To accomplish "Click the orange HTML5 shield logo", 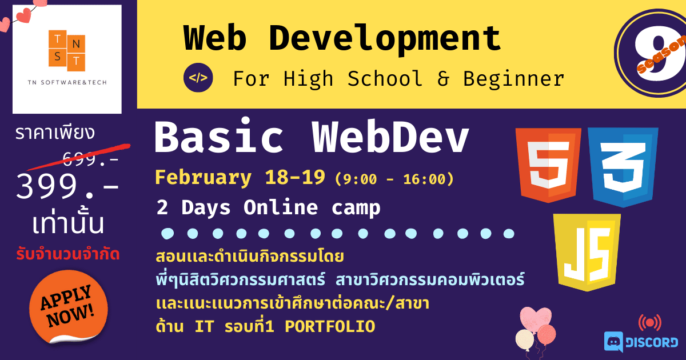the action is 548,165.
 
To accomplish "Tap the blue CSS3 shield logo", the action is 623,167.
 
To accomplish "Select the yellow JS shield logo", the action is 587,252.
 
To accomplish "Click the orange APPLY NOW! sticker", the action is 68,306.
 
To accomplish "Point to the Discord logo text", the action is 651,342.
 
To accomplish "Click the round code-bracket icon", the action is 198,78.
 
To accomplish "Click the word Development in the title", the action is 385,38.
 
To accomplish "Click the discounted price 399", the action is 67,186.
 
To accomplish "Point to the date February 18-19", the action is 240,177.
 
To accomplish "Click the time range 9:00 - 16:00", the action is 394,179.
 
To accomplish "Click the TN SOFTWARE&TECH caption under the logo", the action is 67,82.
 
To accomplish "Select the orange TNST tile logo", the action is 67,50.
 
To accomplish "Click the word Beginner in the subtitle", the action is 513,79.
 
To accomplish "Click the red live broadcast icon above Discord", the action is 650,323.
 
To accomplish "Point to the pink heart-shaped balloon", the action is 536,319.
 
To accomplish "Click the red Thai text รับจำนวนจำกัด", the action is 67,255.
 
